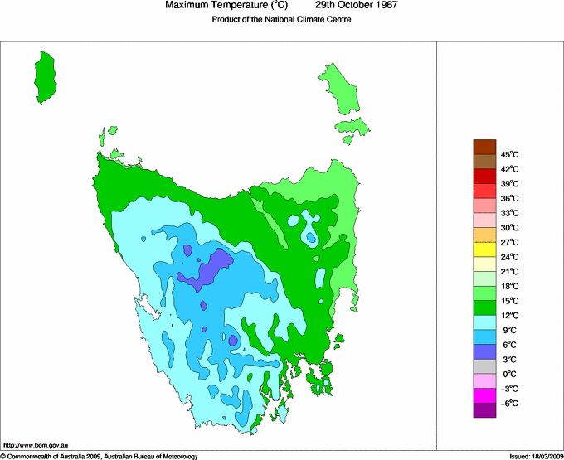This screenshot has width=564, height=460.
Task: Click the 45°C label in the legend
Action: [508, 154]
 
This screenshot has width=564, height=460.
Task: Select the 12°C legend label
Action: [508, 315]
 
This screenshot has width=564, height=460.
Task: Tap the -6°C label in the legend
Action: [508, 403]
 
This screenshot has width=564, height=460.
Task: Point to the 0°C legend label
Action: [508, 374]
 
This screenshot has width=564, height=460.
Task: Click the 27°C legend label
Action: [508, 242]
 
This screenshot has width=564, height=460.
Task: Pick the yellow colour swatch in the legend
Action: [484, 249]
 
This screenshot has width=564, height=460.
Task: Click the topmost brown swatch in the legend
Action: [484, 147]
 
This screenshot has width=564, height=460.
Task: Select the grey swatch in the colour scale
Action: [484, 366]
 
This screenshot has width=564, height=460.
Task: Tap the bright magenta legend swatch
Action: [484, 395]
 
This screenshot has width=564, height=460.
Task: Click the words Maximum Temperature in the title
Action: [223, 6]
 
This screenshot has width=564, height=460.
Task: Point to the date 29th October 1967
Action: [357, 6]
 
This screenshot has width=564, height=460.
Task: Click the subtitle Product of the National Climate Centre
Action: [282, 20]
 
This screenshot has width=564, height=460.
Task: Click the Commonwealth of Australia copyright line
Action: [100, 456]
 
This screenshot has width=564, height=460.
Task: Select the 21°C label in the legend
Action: [508, 271]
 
